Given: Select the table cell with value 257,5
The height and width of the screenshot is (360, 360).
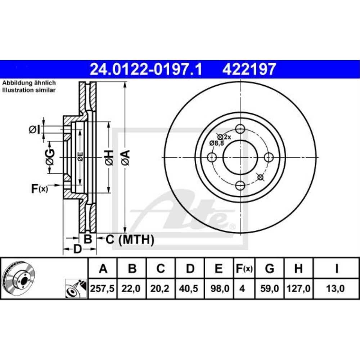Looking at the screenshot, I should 103,289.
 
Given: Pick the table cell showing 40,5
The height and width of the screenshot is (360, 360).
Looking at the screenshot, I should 190,289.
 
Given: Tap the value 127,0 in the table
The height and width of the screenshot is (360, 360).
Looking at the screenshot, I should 298,289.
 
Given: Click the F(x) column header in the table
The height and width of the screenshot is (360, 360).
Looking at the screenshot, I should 244,268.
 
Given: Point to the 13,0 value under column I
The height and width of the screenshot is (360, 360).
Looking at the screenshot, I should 336,289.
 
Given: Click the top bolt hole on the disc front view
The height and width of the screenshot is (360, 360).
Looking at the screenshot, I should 240,129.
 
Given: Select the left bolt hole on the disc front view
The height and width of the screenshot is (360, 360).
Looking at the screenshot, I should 212,157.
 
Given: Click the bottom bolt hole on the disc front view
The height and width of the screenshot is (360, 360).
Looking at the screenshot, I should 240,186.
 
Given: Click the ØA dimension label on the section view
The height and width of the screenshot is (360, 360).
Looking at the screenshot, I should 125,158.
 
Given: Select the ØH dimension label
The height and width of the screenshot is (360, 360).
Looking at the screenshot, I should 109,158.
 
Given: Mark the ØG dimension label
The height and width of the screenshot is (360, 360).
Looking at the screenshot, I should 50,157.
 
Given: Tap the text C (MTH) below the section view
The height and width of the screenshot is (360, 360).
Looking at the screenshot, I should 130,239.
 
